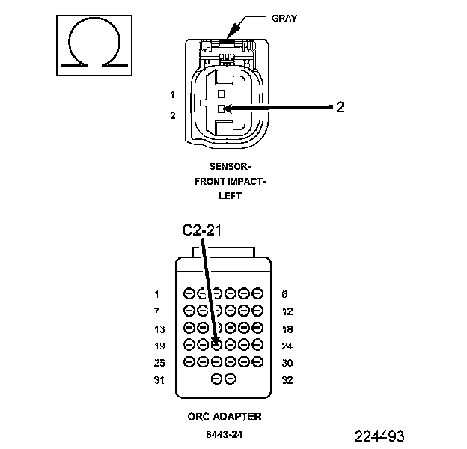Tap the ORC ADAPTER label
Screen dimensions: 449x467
[225, 416]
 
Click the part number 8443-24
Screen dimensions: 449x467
[225, 433]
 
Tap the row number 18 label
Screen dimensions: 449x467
[288, 329]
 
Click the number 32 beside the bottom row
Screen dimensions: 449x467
[288, 380]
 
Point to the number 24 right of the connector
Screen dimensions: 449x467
[288, 346]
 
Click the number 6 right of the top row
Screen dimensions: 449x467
[285, 294]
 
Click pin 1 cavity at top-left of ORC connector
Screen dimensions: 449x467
[189, 293]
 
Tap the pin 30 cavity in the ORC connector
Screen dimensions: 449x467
[257, 361]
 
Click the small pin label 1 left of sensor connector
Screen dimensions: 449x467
[172, 95]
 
